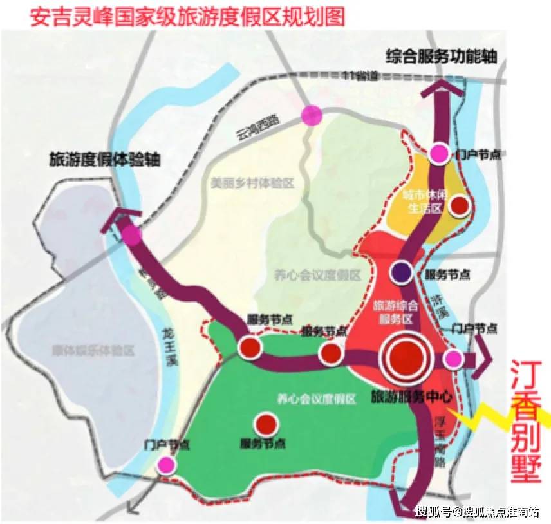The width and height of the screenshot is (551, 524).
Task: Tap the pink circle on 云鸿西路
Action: point(312,115)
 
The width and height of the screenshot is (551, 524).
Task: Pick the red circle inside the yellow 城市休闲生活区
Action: point(460,205)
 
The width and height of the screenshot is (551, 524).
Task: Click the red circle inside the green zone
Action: point(265,424)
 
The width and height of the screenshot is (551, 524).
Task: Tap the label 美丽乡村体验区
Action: point(252,183)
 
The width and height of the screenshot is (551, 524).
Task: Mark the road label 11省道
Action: point(360,75)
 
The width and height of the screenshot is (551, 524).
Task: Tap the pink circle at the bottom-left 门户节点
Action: point(167,464)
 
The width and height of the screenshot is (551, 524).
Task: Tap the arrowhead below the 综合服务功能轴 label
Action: point(441,89)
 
